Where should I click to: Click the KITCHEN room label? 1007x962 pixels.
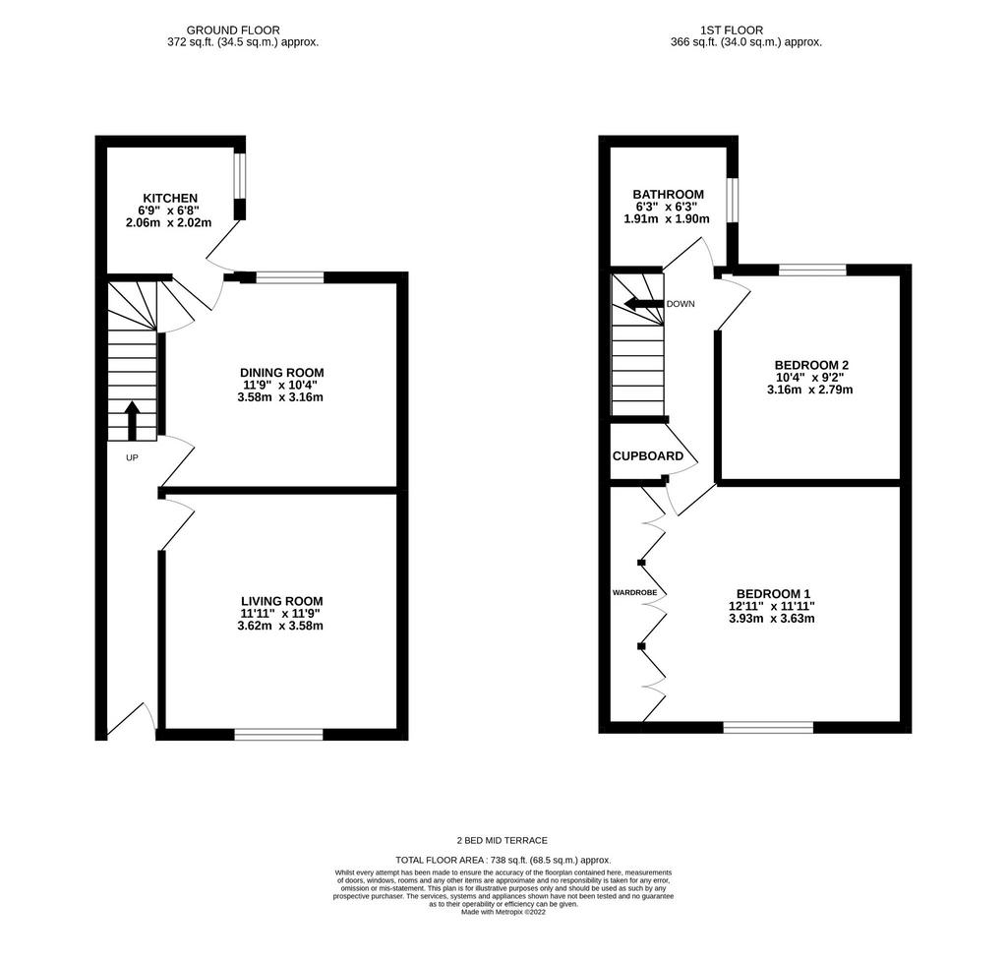(170, 198)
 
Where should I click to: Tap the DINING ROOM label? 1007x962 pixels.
(282, 373)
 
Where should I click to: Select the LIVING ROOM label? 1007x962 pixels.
(282, 601)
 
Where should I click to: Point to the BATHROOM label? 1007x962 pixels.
(668, 194)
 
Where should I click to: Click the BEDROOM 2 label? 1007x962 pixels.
(811, 365)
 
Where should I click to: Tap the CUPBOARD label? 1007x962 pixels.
(648, 456)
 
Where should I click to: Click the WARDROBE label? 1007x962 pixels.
(634, 593)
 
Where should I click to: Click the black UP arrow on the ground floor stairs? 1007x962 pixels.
(132, 420)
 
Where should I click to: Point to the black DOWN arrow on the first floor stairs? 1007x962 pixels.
(643, 304)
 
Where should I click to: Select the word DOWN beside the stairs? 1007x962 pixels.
(681, 304)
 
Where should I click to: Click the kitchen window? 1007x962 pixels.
(240, 176)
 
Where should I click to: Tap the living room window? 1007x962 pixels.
(278, 734)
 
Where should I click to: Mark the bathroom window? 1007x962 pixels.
(732, 200)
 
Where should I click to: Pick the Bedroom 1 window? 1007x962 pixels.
(768, 727)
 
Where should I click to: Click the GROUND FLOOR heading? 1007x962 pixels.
(233, 30)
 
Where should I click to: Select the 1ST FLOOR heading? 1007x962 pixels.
(732, 30)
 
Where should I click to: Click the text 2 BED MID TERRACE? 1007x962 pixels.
(503, 840)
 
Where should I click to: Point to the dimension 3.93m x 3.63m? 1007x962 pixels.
(771, 619)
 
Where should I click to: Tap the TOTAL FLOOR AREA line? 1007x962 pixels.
(503, 860)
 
